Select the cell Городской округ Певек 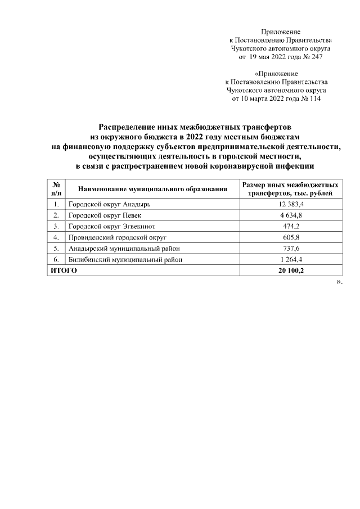(x=105, y=215)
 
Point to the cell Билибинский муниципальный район (x=125, y=259)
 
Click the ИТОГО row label (x=64, y=271)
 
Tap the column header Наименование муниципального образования (x=152, y=189)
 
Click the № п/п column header (x=56, y=189)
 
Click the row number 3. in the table (x=56, y=226)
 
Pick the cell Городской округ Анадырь (x=109, y=204)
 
